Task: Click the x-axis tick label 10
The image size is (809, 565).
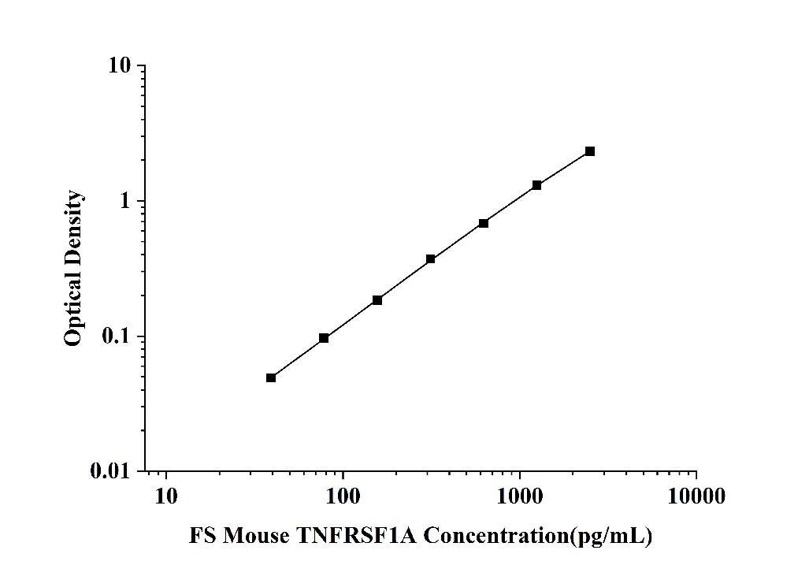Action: click(x=166, y=496)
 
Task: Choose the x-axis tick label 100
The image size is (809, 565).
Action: click(x=343, y=496)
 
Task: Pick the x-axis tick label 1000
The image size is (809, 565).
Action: click(x=520, y=496)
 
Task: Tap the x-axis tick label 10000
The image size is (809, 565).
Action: click(x=696, y=496)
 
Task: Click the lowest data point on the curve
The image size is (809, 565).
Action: click(x=271, y=377)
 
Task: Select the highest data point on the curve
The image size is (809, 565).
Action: click(x=589, y=151)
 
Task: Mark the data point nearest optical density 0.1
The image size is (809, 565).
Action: click(x=324, y=338)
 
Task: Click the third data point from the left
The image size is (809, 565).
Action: click(x=377, y=300)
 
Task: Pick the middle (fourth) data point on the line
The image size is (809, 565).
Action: click(x=430, y=258)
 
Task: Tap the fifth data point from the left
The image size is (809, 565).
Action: click(x=484, y=223)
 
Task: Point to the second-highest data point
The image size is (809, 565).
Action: click(x=536, y=185)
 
